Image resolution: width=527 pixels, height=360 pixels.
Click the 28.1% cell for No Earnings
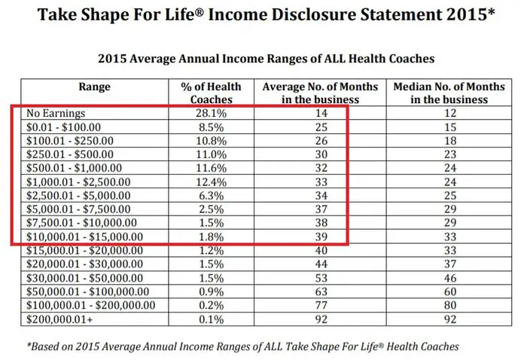pyautogui.click(x=211, y=113)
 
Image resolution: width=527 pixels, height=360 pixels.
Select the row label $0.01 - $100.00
pyautogui.click(x=63, y=127)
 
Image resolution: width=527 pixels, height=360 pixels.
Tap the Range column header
pyautogui.click(x=94, y=87)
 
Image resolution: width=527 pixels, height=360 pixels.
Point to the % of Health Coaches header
pyautogui.click(x=211, y=93)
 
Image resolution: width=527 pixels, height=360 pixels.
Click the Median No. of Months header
pyautogui.click(x=449, y=93)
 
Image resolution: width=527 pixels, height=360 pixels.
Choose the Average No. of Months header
pyautogui.click(x=320, y=93)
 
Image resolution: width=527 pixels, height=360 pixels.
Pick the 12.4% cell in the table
pyautogui.click(x=211, y=182)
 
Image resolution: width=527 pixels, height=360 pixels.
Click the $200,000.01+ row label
pyautogui.click(x=59, y=319)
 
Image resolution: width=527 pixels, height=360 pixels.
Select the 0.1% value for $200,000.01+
pyautogui.click(x=211, y=319)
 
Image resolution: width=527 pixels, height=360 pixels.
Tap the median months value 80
pyautogui.click(x=450, y=305)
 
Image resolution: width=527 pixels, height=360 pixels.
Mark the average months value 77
pyautogui.click(x=321, y=305)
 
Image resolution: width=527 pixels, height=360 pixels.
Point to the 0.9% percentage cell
pyautogui.click(x=211, y=291)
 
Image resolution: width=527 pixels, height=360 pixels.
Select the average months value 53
pyautogui.click(x=321, y=278)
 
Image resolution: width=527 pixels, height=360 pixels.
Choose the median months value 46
pyautogui.click(x=450, y=278)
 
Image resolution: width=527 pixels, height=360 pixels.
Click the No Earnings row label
pyautogui.click(x=56, y=113)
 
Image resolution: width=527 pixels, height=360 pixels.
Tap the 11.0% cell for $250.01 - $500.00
pyautogui.click(x=211, y=154)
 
